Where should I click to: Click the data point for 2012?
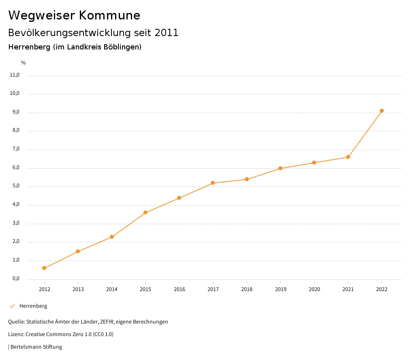44,268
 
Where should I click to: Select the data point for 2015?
145,212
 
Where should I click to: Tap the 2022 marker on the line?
382,111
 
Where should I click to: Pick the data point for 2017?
213,183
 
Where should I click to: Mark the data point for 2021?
348,157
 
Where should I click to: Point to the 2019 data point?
280,168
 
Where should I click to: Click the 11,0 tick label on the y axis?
15,75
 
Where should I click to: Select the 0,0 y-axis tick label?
16,279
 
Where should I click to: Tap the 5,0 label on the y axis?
16,186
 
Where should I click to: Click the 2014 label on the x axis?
112,289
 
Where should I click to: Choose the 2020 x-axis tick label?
314,289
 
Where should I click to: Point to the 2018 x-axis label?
247,289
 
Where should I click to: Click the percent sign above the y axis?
24,63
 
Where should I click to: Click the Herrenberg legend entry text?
33,306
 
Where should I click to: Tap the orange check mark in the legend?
12,306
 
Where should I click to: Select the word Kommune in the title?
109,15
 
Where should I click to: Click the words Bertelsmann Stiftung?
36,347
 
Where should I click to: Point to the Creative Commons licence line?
61,334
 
